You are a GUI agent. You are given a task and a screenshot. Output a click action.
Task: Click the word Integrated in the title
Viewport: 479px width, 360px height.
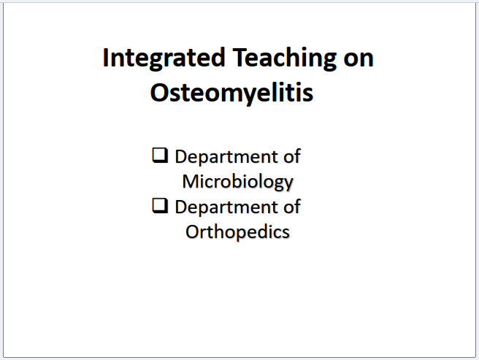point(164,58)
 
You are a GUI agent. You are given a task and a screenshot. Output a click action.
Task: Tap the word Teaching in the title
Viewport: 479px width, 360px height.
point(285,58)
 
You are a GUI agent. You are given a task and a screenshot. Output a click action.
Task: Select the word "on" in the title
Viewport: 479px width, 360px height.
point(359,59)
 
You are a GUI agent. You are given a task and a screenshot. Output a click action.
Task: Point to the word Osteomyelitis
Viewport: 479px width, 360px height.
point(232,93)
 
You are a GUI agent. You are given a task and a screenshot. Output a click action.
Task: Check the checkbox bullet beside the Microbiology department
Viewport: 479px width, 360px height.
point(160,156)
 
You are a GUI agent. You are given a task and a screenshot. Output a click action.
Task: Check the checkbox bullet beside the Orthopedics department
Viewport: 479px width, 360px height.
point(160,206)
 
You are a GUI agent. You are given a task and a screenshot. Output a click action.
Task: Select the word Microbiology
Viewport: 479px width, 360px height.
point(238,183)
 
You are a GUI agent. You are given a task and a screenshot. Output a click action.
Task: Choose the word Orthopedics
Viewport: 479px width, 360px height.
point(237,232)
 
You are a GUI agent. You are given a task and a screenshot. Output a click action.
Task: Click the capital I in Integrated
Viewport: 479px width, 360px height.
point(106,58)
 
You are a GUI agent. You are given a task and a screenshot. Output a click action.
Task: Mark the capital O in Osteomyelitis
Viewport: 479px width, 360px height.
point(159,93)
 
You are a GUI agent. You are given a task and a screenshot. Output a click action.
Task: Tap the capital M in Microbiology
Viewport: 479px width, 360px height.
point(191,182)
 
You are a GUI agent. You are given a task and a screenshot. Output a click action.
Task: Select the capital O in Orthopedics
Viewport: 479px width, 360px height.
point(193,232)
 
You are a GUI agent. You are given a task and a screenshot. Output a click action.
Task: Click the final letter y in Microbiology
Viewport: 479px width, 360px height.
point(288,184)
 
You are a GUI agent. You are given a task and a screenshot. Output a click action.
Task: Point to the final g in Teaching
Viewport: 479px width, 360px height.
point(329,62)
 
